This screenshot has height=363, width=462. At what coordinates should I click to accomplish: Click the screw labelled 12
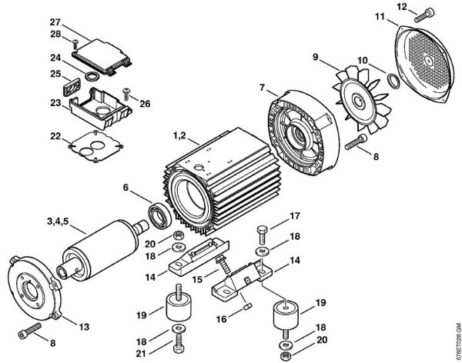click(424, 15)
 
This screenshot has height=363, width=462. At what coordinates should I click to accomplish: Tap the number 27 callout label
click(55, 22)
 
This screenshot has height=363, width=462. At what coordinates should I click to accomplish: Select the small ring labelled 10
click(393, 82)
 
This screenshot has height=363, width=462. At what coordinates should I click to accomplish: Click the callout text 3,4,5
click(58, 221)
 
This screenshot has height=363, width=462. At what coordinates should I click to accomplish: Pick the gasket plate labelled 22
click(95, 145)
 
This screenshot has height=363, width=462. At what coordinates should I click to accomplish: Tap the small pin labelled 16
click(249, 308)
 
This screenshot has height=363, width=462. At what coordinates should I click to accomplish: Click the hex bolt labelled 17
click(262, 234)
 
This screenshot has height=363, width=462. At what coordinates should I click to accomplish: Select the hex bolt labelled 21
click(178, 344)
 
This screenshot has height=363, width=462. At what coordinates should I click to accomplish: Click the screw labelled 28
click(75, 45)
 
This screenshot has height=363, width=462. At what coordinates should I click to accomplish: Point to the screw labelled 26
click(127, 94)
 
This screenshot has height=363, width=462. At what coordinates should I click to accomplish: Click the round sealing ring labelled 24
click(92, 76)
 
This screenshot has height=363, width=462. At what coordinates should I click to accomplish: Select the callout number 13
click(84, 327)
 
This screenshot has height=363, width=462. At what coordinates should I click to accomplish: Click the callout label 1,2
click(179, 136)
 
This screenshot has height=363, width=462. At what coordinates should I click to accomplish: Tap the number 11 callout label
click(380, 16)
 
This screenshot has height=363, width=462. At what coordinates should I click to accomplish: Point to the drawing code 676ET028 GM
click(458, 342)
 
